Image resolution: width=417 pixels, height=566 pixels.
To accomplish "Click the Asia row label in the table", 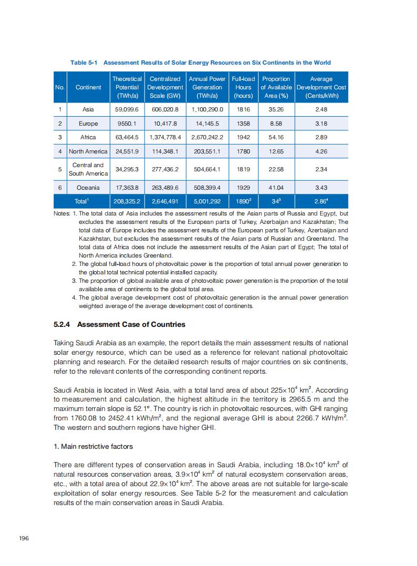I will pyautogui.click(x=88, y=109).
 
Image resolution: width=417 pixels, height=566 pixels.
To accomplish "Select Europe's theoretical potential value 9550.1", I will pyautogui.click(x=126, y=124).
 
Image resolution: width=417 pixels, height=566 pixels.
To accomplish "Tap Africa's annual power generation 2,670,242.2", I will pyautogui.click(x=207, y=137).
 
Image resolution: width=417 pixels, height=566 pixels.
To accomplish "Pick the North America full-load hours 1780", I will pyautogui.click(x=243, y=151).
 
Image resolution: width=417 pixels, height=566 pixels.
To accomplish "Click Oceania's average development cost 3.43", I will pyautogui.click(x=321, y=188).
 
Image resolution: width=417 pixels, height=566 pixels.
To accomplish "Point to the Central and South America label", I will pyautogui.click(x=88, y=169).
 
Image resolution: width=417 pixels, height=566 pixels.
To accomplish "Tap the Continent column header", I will pyautogui.click(x=88, y=87).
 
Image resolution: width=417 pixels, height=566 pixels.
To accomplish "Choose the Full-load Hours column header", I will pyautogui.click(x=243, y=87).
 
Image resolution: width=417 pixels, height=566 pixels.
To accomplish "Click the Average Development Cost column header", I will pyautogui.click(x=321, y=87).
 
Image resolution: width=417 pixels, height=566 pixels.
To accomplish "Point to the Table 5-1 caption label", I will pyautogui.click(x=84, y=63).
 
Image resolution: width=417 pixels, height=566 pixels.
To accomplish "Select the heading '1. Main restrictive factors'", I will pyautogui.click(x=93, y=446).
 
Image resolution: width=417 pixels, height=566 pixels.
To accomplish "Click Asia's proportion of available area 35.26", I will pyautogui.click(x=276, y=109).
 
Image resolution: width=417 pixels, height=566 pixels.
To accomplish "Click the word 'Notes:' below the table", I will pyautogui.click(x=62, y=214).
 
